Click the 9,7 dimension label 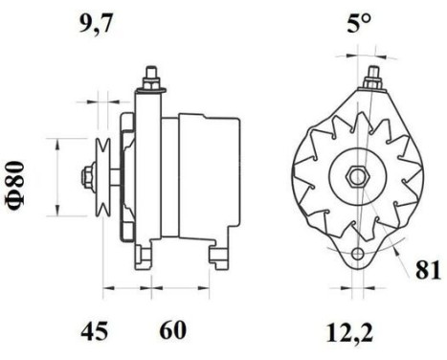click(96, 23)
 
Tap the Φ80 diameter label click(14, 187)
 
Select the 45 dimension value click(95, 331)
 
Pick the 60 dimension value click(172, 330)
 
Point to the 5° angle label click(359, 23)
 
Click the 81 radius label click(428, 270)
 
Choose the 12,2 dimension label click(349, 333)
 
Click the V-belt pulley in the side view click(103, 177)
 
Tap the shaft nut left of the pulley click(88, 176)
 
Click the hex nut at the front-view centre click(358, 176)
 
